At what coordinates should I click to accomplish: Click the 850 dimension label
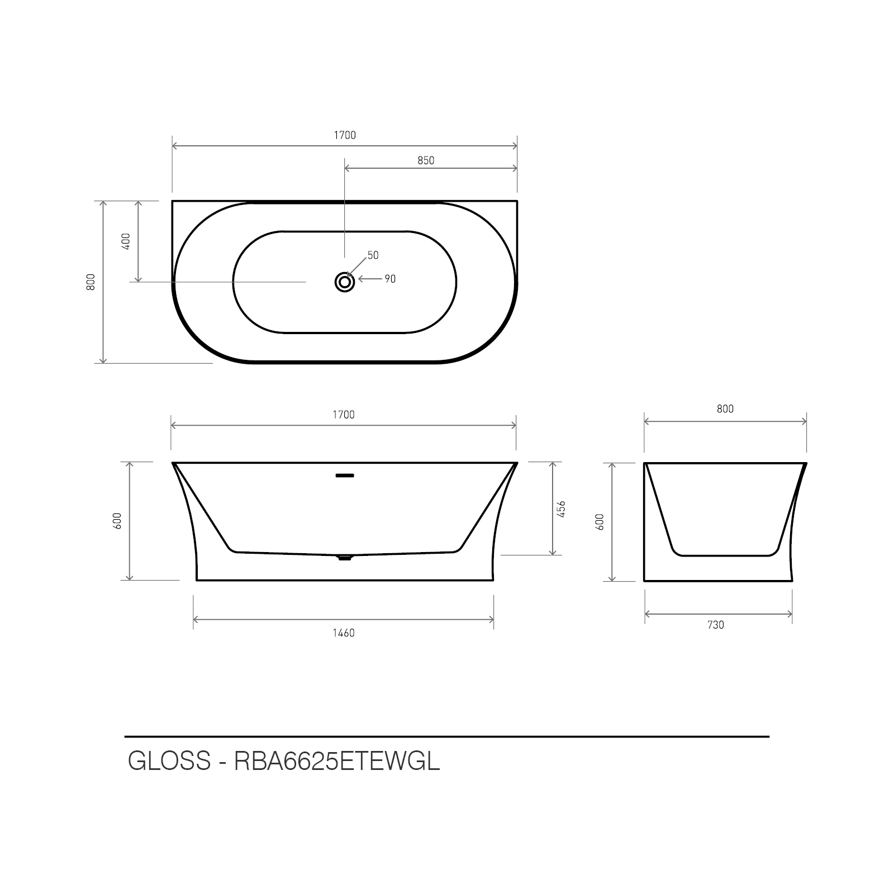click(x=426, y=161)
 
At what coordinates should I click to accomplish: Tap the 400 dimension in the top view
click(x=126, y=241)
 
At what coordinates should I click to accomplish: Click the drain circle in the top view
click(x=345, y=282)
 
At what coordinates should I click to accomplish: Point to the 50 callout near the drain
click(x=373, y=255)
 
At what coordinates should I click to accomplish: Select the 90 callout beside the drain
click(x=390, y=279)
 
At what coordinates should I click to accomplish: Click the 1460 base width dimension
click(x=344, y=633)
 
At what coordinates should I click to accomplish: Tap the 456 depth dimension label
click(x=562, y=508)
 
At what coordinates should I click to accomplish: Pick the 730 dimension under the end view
click(x=716, y=625)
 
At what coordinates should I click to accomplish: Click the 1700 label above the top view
click(x=345, y=135)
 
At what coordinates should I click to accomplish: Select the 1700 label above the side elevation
click(x=344, y=415)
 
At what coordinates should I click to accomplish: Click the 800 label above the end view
click(x=725, y=409)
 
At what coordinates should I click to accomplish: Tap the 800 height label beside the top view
click(x=92, y=282)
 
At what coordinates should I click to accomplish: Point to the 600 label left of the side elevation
click(x=117, y=521)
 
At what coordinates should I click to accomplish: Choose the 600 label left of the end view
click(x=601, y=522)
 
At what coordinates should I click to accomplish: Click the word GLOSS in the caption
click(x=169, y=761)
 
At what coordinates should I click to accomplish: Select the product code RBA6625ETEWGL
click(x=337, y=761)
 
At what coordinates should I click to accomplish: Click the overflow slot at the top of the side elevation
click(x=345, y=476)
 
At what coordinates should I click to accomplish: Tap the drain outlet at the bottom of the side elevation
click(x=345, y=558)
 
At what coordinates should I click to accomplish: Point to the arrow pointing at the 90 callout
click(x=369, y=279)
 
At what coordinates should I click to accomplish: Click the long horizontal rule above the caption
click(x=447, y=737)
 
